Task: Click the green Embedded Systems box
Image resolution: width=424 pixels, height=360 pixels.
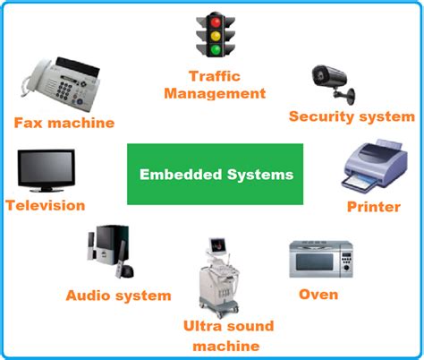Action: click(x=216, y=174)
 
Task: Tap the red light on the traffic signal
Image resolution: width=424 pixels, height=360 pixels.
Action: click(x=215, y=20)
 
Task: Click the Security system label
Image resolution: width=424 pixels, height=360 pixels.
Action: click(x=352, y=116)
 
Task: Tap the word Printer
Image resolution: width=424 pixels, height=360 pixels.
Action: click(x=373, y=207)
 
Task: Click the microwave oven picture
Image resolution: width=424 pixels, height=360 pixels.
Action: click(x=319, y=260)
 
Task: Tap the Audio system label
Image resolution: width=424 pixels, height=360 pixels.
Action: click(x=117, y=295)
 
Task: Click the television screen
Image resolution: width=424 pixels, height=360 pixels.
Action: click(x=45, y=169)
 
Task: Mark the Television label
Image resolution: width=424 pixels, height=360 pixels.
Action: click(x=45, y=205)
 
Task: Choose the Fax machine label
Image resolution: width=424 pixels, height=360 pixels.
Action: click(x=64, y=123)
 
